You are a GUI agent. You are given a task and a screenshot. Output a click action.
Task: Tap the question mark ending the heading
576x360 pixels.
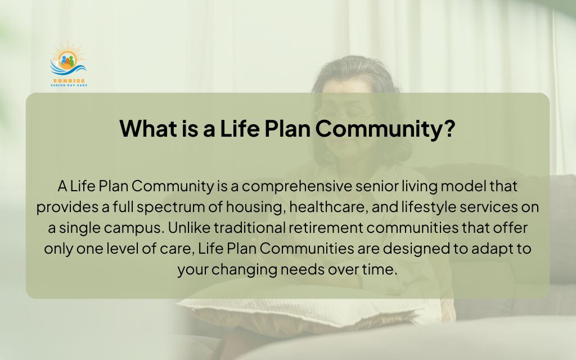448,128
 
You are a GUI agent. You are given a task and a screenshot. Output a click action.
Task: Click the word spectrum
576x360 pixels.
171,207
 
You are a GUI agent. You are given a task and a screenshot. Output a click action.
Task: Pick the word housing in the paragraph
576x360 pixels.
256,207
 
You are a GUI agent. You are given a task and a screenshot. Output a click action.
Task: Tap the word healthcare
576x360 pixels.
328,207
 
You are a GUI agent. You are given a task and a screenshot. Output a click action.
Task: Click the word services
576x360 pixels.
488,207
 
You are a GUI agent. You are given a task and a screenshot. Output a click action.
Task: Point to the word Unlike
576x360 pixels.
189,228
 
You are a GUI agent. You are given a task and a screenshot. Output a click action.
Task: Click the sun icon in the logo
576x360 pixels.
67,58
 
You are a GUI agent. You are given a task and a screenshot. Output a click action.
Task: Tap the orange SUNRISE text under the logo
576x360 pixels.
69,80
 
